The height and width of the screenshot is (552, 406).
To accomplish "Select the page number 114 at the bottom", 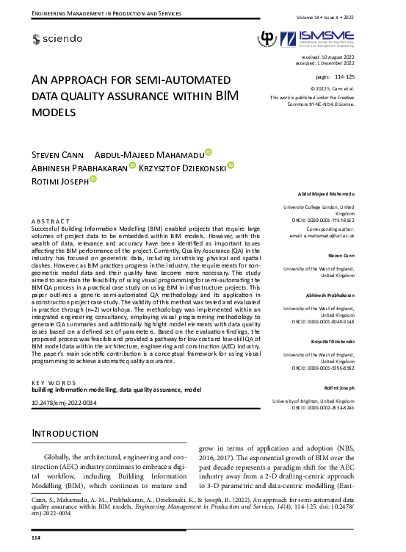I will click(x=35, y=539).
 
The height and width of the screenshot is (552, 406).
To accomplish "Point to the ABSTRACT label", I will click(x=51, y=221).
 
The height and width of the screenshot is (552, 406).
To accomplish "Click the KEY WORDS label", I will click(x=54, y=384).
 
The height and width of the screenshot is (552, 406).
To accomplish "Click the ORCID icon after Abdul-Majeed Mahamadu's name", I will click(x=209, y=152).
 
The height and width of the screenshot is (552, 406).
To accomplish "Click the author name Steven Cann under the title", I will click(x=57, y=154).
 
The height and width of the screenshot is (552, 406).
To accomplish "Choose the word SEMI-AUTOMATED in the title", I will click(x=178, y=80).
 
